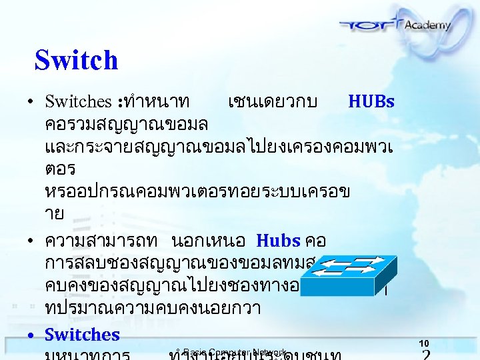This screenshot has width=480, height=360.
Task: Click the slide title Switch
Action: coord(76,60)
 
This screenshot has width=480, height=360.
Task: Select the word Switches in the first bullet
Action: coord(78,102)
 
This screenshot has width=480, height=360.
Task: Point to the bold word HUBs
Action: coord(371,101)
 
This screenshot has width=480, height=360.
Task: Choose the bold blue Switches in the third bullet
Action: coord(82,335)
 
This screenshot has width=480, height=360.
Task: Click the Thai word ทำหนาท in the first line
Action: coord(157,102)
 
